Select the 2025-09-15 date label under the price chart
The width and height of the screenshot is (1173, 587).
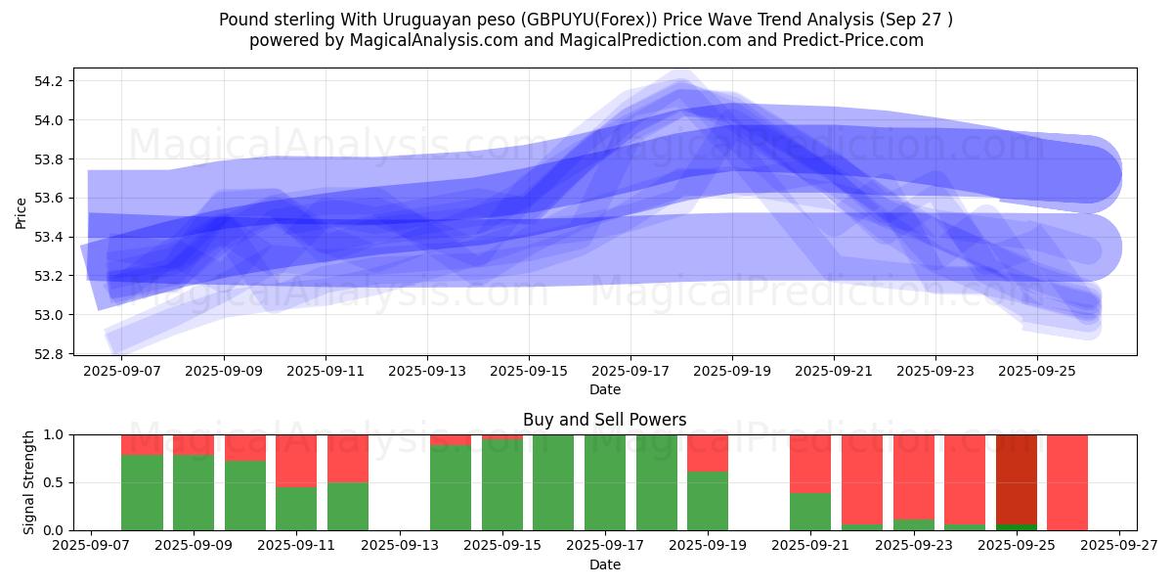coord(529,372)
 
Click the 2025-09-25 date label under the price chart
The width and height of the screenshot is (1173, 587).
coord(1037,372)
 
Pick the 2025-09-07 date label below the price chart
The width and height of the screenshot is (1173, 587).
coord(121,372)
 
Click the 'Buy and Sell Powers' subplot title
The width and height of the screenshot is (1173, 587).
coord(604,420)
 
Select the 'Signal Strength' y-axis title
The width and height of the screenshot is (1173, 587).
coord(29,482)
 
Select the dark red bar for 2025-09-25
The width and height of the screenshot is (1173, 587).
coord(1017,479)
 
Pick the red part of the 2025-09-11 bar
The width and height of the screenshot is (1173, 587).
coord(296,460)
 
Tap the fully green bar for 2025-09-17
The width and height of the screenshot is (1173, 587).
coord(605,482)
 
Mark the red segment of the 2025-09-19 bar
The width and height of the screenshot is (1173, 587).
coord(708,452)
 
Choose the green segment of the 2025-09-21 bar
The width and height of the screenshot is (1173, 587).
coord(810,511)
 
